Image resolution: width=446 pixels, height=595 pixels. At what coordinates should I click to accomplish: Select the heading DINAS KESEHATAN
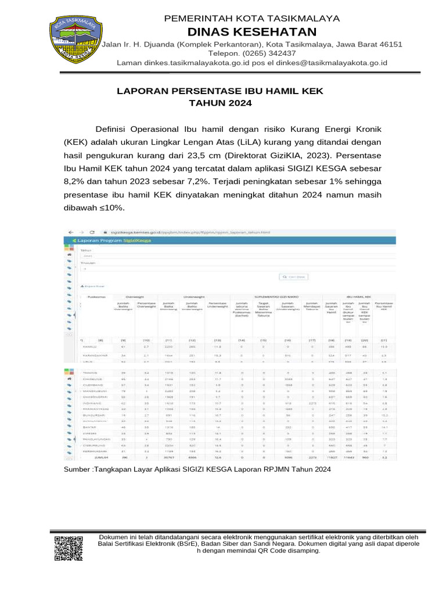click(251, 31)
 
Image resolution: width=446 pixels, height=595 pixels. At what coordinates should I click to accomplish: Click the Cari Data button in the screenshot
click(294, 277)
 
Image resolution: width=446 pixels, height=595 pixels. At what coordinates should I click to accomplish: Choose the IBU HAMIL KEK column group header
click(358, 296)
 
